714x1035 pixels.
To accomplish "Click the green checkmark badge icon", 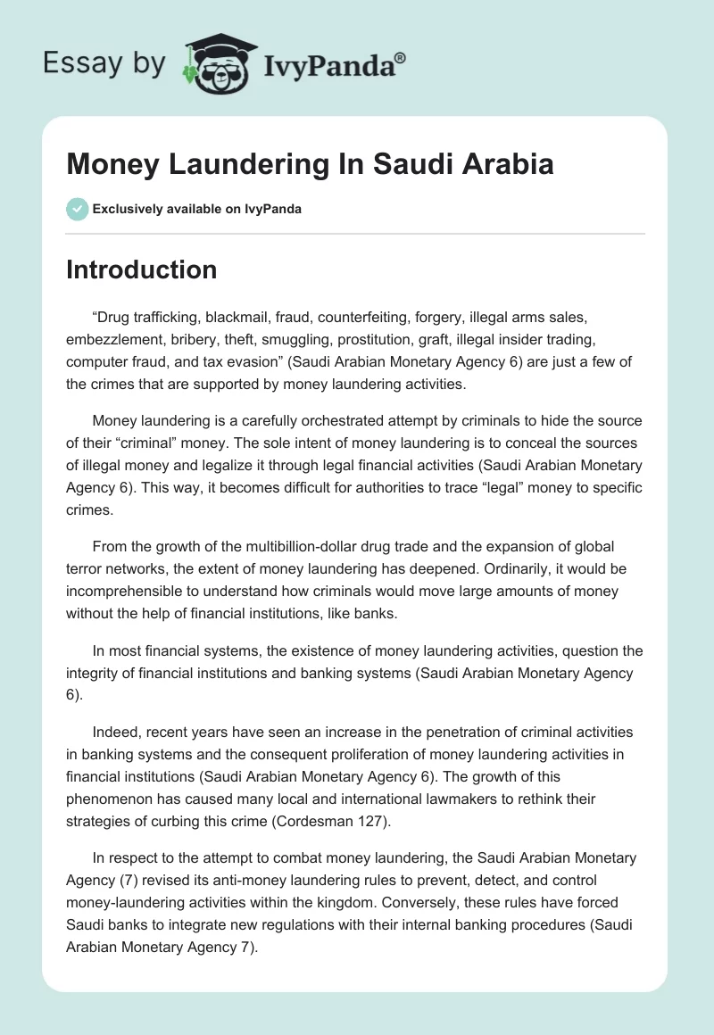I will coord(77,209).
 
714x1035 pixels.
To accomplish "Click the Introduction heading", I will coord(141,269).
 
